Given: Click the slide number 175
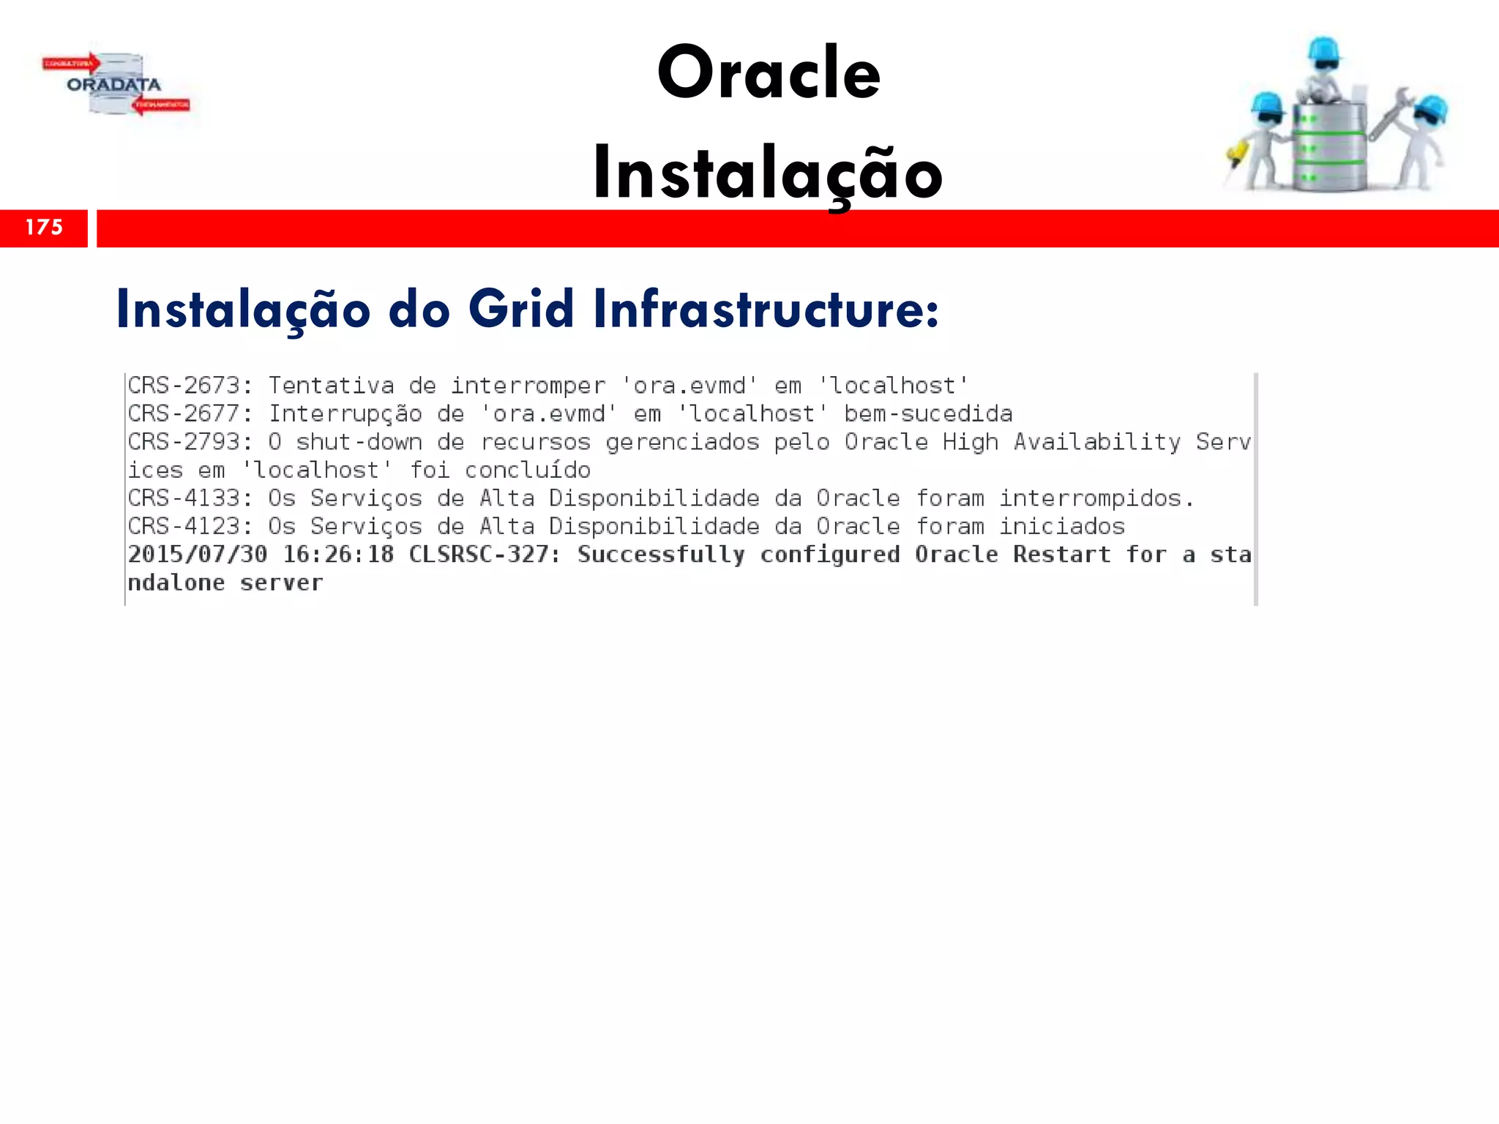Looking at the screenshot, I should click(44, 228).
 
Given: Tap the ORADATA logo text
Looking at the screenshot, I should click(113, 85).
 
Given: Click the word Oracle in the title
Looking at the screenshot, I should click(769, 73).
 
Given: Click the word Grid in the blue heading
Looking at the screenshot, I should click(521, 310).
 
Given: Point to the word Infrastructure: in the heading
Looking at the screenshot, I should click(766, 310).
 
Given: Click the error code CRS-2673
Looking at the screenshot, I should click(184, 386).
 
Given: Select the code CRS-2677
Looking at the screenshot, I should click(184, 414).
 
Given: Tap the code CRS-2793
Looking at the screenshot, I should click(184, 442).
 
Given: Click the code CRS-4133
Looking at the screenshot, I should click(184, 498).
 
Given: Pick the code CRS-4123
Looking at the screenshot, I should click(184, 527).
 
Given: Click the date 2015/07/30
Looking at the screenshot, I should click(198, 555).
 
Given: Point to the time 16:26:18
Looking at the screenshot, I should click(338, 555).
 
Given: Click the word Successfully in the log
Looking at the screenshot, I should click(661, 555).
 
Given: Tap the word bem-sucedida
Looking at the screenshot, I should click(928, 414).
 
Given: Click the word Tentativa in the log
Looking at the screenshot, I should click(331, 386).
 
